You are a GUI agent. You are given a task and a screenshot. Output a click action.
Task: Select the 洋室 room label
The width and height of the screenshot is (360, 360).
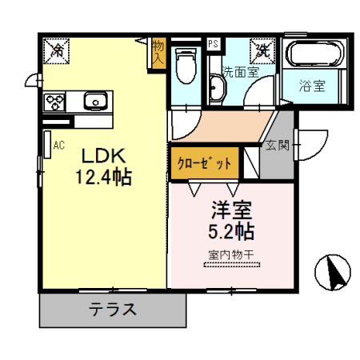click(231, 211)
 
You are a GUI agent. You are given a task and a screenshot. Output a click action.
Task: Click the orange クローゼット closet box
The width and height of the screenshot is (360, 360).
click(204, 163)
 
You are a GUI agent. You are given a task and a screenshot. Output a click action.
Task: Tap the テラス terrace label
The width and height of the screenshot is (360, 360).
click(112, 310)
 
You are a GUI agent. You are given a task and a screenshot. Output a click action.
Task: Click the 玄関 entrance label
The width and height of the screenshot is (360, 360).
click(277, 146)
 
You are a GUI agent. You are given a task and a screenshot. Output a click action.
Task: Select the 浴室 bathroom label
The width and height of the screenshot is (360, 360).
click(312, 85)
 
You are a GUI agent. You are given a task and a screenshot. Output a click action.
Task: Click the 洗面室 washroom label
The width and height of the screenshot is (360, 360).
click(240, 71)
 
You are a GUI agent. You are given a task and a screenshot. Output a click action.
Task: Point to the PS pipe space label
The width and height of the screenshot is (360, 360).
click(213, 44)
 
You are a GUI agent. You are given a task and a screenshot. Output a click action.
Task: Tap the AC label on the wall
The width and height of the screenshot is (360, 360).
click(58, 146)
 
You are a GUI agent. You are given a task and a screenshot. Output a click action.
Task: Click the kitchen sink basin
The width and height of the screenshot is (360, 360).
click(96, 101)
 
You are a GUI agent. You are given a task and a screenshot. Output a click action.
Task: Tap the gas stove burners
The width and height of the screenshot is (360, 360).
click(56, 101)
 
